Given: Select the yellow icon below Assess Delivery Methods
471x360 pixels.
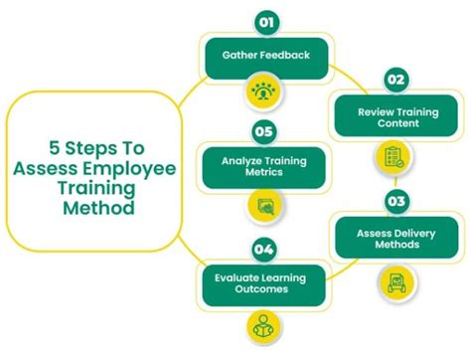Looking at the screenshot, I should click(393, 281).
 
